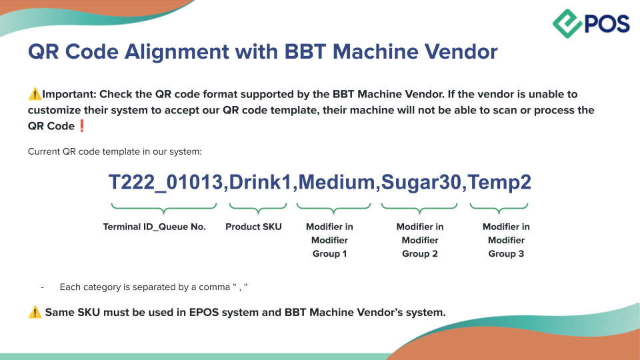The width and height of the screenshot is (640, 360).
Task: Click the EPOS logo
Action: tap(591, 24)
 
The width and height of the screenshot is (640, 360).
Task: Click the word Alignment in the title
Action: tap(177, 52)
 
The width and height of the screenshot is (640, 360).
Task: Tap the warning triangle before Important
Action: tap(35, 94)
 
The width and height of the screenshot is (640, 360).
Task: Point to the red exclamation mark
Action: tap(81, 126)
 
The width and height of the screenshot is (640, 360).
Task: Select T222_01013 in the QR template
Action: tap(165, 182)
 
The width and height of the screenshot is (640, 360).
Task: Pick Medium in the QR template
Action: tap(337, 182)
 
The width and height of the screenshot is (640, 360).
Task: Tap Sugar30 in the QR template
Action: tap(421, 183)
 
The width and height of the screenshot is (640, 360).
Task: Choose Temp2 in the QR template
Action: tap(499, 183)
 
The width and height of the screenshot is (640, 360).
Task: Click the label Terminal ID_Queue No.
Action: tap(154, 227)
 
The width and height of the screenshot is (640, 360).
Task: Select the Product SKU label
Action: tap(253, 227)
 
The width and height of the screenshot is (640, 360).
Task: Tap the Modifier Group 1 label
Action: tap(329, 241)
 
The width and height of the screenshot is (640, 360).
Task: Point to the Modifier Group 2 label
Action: tap(420, 241)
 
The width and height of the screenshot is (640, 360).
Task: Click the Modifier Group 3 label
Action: tap(506, 241)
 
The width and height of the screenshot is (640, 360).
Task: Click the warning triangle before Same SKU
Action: tap(35, 312)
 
